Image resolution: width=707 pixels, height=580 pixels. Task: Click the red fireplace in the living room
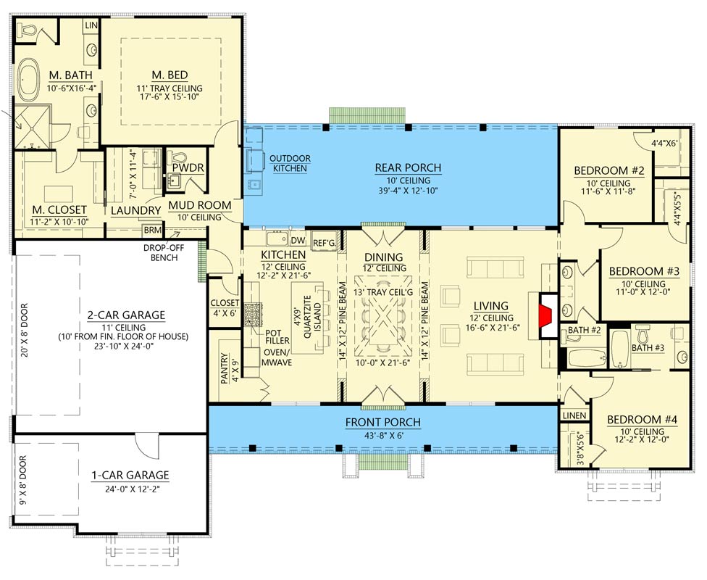pyautogui.click(x=546, y=315)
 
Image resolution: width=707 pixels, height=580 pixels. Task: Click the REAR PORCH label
pyautogui.click(x=408, y=168)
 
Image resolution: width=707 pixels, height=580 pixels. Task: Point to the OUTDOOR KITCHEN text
pyautogui.click(x=290, y=163)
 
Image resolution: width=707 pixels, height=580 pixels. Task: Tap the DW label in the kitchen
pyautogui.click(x=298, y=241)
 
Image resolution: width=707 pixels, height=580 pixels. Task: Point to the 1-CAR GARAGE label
pyautogui.click(x=130, y=475)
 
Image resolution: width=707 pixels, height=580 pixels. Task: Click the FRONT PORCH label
pyautogui.click(x=382, y=423)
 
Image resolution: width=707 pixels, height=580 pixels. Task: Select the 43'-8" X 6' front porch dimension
pyautogui.click(x=382, y=436)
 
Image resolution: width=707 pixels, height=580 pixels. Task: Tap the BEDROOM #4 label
pyautogui.click(x=637, y=419)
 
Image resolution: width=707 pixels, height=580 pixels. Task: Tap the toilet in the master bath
pyautogui.click(x=28, y=31)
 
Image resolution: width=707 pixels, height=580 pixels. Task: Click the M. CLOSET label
pyautogui.click(x=59, y=210)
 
